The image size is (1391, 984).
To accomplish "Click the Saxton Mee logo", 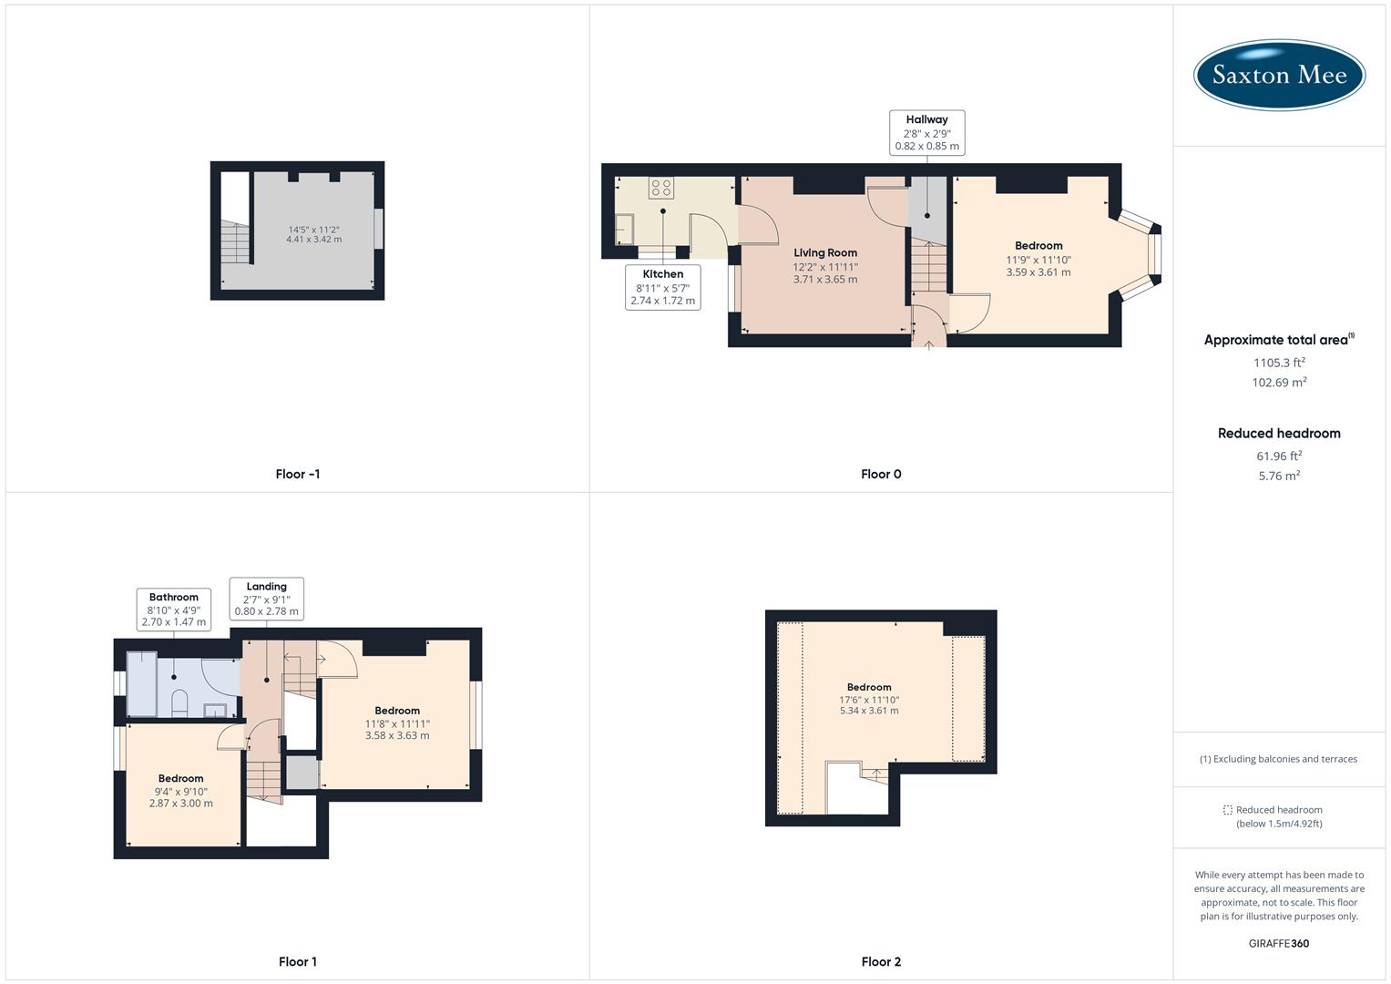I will pyautogui.click(x=1279, y=75).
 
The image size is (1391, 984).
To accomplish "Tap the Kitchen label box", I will pyautogui.click(x=663, y=287).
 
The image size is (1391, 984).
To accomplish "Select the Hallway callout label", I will pyautogui.click(x=926, y=133).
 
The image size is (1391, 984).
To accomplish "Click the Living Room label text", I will pyautogui.click(x=825, y=253).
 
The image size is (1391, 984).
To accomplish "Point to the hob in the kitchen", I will pyautogui.click(x=661, y=188).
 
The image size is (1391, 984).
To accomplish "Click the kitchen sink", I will pyautogui.click(x=625, y=229).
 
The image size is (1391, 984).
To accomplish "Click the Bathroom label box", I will pyautogui.click(x=173, y=610).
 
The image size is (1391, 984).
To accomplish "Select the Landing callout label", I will pyautogui.click(x=266, y=600).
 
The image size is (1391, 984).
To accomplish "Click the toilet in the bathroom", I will pyautogui.click(x=179, y=702).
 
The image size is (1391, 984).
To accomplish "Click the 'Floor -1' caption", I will pyautogui.click(x=298, y=474).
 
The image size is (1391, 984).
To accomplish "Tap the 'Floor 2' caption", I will pyautogui.click(x=881, y=961).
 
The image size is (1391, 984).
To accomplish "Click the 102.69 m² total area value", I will pyautogui.click(x=1279, y=383).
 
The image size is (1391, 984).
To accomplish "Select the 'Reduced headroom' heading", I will pyautogui.click(x=1279, y=434).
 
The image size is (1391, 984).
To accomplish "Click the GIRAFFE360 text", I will pyautogui.click(x=1279, y=943).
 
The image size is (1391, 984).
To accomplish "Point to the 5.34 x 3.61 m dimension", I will pyautogui.click(x=869, y=711).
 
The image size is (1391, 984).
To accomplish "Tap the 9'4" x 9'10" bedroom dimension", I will pyautogui.click(x=181, y=792).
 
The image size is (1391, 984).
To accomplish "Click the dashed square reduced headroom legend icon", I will pyautogui.click(x=1227, y=810).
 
